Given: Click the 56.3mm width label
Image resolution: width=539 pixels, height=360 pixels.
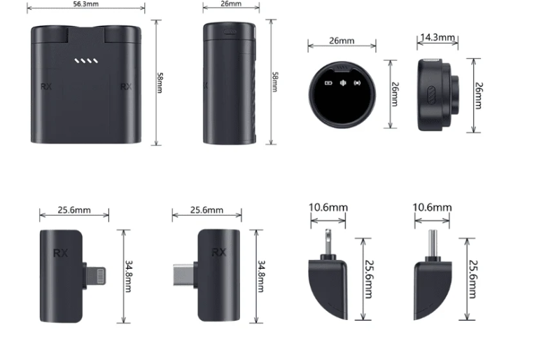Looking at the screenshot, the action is point(86,4).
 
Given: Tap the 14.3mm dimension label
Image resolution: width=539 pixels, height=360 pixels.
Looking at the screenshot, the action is point(437,37).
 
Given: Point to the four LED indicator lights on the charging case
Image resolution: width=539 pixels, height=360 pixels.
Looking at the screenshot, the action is point(86,61).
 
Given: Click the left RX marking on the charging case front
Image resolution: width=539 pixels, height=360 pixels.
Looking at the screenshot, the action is point(46,86).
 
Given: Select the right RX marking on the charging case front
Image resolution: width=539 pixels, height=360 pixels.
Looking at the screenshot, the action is point(126,86).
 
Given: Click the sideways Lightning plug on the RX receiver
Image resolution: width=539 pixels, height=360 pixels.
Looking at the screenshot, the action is point(95,276).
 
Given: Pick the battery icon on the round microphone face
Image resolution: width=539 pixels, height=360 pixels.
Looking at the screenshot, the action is point(328,83).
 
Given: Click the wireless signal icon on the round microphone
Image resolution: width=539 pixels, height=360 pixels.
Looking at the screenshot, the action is point(357,83).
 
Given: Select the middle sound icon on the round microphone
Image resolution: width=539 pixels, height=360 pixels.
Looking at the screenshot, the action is point(343,83).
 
